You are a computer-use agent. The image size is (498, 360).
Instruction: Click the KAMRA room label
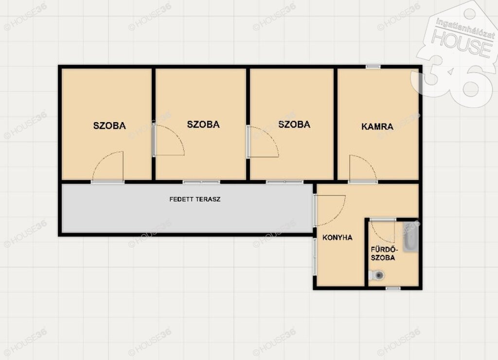377,126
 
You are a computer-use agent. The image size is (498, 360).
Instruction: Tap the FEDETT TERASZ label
195,199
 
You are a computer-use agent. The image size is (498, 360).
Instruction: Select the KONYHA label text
338,237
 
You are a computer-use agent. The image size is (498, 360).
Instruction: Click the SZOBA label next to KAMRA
294,124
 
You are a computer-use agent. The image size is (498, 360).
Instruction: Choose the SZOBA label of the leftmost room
109,126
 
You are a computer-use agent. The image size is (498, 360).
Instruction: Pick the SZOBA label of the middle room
203,124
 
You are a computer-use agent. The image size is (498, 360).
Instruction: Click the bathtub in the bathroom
410,237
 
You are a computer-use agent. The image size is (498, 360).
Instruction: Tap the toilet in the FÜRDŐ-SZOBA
376,275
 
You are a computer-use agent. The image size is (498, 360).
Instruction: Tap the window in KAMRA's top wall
373,67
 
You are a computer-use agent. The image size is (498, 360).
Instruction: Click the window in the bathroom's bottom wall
393,288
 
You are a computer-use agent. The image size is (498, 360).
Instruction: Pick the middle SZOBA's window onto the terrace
201,182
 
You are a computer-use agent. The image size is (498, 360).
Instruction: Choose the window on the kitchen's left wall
315,256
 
